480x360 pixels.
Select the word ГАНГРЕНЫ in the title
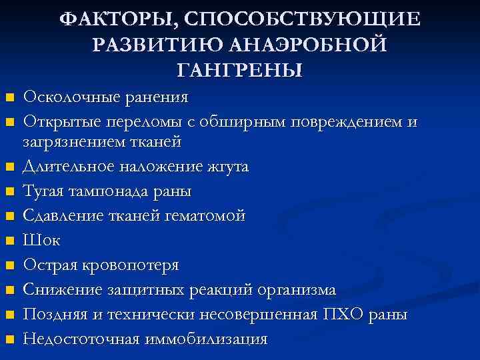240,69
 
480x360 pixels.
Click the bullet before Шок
9,241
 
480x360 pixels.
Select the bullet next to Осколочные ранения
9,98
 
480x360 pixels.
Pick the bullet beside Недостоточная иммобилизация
9,339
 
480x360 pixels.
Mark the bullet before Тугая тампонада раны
9,192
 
